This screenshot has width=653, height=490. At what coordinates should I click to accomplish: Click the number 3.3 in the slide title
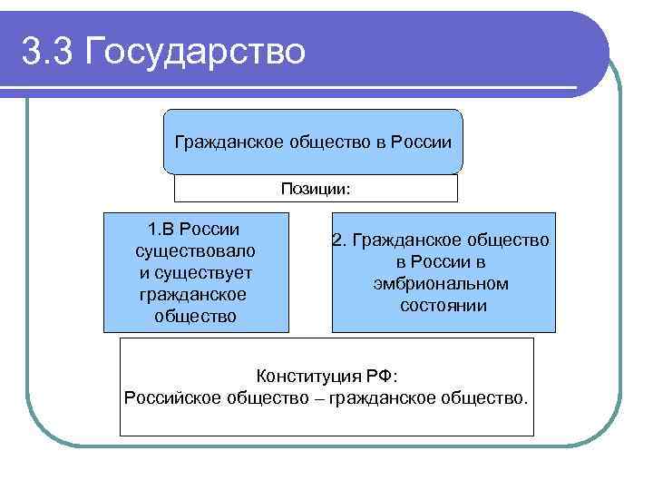click(45, 51)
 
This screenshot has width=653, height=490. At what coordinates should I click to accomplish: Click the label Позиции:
click(316, 189)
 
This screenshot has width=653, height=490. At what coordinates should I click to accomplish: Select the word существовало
click(195, 250)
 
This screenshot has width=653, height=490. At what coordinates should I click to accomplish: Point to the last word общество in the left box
click(195, 316)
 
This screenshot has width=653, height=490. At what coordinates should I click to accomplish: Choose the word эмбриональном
click(440, 284)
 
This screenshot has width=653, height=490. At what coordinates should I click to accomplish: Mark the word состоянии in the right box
click(443, 306)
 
